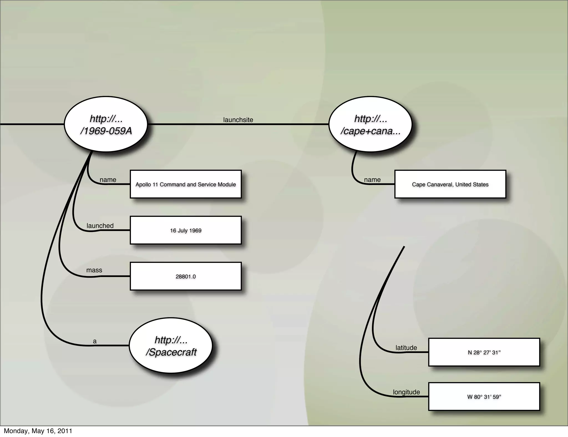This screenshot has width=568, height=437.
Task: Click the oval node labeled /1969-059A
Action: coord(106,124)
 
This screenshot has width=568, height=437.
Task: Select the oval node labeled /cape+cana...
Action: coord(371,124)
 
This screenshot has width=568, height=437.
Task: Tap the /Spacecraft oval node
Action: coord(171,345)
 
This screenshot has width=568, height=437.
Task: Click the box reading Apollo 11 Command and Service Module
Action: coord(186,184)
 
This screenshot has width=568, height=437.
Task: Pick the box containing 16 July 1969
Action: coord(186,230)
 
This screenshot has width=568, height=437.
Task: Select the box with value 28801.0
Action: coord(186,276)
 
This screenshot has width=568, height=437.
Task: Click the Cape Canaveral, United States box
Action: coord(450,184)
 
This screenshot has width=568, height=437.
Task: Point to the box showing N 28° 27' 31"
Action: coord(484,352)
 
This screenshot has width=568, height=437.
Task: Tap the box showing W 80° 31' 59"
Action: coord(484,397)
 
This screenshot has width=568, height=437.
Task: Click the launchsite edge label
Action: coord(238,120)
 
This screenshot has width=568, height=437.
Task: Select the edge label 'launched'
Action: coord(100,226)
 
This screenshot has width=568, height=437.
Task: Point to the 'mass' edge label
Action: coord(94,270)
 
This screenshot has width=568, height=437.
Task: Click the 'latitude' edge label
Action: coord(406,348)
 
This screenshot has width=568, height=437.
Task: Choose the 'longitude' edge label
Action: coord(406,392)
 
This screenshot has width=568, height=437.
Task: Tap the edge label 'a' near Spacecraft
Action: coord(95,341)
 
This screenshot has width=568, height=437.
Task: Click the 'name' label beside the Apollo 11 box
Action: coord(108,180)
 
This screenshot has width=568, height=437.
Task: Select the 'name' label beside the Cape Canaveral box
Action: coord(372,180)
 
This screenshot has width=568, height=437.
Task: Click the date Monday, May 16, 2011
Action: coord(38,431)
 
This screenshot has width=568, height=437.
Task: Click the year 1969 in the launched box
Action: coord(196,230)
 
